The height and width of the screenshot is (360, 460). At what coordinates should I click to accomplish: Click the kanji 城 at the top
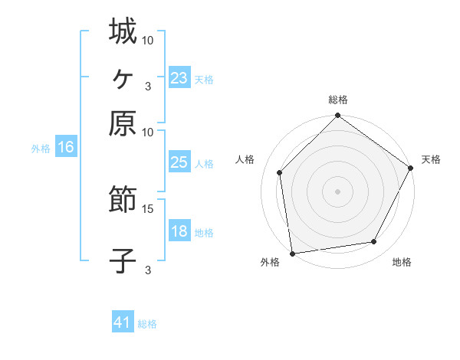123,31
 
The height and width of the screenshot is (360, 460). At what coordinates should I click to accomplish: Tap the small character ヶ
123,78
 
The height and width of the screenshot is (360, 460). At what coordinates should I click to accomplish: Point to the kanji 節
123,201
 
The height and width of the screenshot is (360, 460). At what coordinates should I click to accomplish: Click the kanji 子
123,261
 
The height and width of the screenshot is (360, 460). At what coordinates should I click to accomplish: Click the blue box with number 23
179,78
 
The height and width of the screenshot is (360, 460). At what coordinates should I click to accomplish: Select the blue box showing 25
179,162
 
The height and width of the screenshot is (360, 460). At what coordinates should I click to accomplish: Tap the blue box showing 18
179,231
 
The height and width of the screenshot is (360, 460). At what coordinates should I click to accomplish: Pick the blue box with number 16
66,148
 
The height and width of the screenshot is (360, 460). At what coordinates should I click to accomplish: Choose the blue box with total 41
123,322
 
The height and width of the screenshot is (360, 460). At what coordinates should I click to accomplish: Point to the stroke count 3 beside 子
147,270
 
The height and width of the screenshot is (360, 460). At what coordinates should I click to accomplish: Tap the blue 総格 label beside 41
147,324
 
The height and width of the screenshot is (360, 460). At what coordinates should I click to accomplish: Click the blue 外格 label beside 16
41,149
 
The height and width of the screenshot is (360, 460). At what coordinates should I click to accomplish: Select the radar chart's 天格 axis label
431,159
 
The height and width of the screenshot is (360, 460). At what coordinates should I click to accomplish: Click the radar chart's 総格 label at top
338,100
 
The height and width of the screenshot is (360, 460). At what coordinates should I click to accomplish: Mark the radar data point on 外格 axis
292,253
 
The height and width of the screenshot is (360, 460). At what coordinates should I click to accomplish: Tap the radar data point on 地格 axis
374,241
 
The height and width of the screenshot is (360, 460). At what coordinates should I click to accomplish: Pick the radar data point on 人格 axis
280,172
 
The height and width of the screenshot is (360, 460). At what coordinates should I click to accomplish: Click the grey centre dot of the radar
338,191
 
